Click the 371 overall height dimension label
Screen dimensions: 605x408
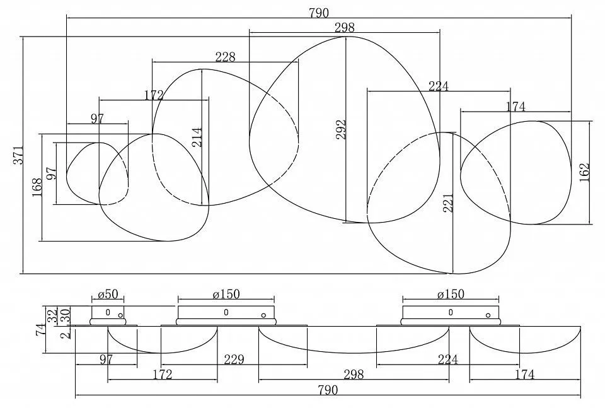coord(19,154)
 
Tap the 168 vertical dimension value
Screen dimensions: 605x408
coord(37,187)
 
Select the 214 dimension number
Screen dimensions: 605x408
coord(197,137)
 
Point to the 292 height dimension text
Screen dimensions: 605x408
coord(341,129)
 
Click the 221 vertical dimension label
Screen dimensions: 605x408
coord(448,203)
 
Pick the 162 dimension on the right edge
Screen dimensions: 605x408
coord(585,172)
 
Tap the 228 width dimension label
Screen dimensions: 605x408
coord(225,57)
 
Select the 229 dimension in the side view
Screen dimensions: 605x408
coord(234,359)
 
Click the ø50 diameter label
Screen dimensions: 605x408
coord(108,294)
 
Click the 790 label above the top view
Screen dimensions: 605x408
coord(319,13)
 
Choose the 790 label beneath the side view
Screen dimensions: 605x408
coord(328,390)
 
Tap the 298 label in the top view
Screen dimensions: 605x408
coord(345,27)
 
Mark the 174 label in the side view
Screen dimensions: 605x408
coord(525,374)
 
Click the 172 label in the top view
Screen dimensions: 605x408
coord(154,95)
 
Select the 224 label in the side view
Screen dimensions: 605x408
coord(447,359)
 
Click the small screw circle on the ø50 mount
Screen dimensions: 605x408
coord(121,315)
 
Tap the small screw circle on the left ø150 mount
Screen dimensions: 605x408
coord(263,315)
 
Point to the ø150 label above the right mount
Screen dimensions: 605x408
coord(451,294)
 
